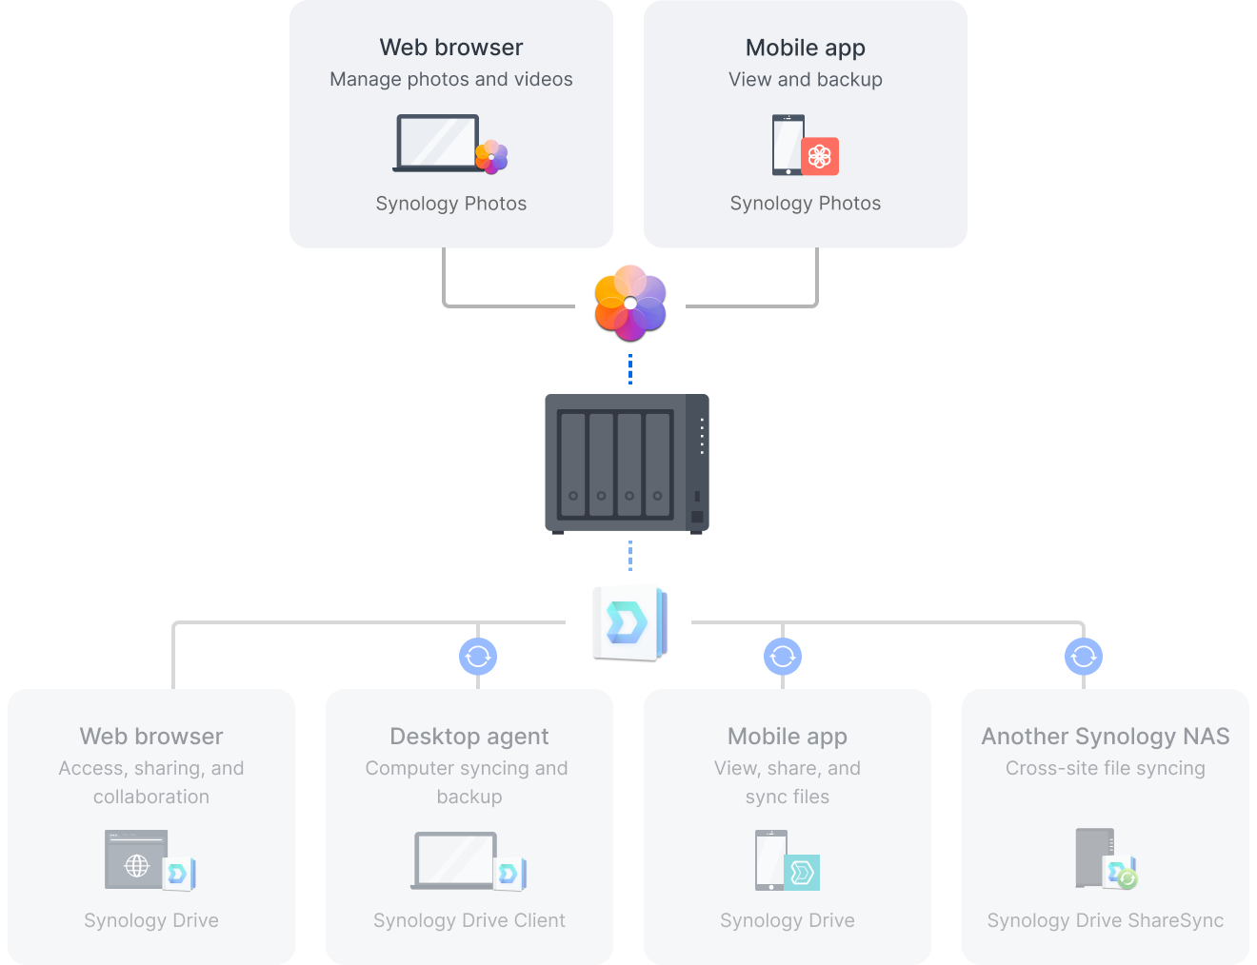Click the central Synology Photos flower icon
(629, 303)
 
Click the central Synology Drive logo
(629, 622)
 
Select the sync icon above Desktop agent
(478, 656)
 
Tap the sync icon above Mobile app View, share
(783, 656)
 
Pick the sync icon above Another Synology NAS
(1084, 656)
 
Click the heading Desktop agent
(469, 736)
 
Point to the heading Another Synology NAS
(1105, 736)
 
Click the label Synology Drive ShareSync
(1105, 920)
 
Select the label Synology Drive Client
(469, 920)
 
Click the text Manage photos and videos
(450, 79)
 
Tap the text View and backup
(805, 79)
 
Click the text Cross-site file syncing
(1105, 768)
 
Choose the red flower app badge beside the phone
(820, 156)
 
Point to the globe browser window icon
(136, 860)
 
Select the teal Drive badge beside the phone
(802, 872)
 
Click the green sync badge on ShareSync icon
(1127, 878)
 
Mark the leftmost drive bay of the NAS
(572, 463)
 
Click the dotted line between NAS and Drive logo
(629, 556)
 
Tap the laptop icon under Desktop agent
(455, 860)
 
